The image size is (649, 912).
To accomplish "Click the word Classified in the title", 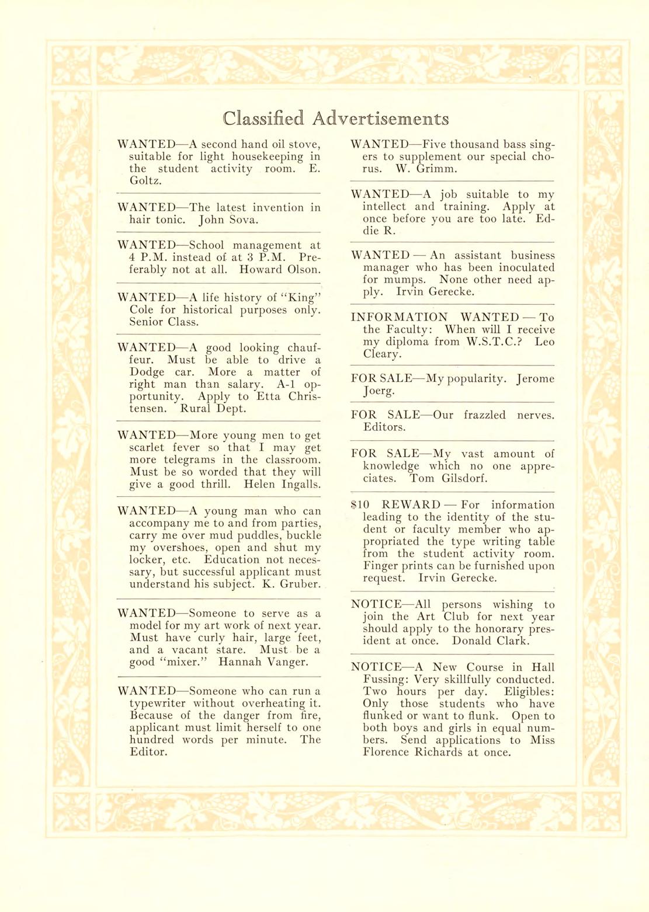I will click(263, 119).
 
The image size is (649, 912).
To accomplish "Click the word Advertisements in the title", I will click(380, 119).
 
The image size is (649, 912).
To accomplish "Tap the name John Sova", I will click(228, 220).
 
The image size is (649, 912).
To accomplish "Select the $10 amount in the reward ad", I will click(360, 505).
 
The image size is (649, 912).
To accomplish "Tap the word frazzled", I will click(485, 415).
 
